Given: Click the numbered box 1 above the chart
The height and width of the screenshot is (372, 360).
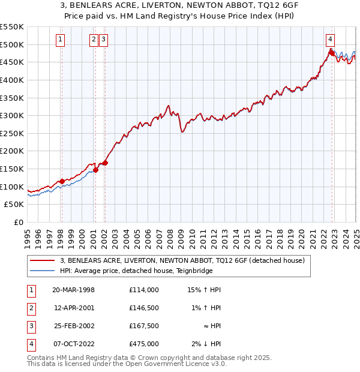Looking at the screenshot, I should pyautogui.click(x=61, y=40).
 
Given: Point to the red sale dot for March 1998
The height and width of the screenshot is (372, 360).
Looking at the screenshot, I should pyautogui.click(x=62, y=181).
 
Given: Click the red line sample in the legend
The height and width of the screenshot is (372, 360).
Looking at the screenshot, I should pyautogui.click(x=43, y=260).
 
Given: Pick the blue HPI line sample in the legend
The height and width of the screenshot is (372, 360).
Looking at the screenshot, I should pyautogui.click(x=43, y=271).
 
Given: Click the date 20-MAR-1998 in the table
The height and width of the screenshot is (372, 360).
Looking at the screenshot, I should pyautogui.click(x=74, y=290).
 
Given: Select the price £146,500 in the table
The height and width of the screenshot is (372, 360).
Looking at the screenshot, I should pyautogui.click(x=144, y=308).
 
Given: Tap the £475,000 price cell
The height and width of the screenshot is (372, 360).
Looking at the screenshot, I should pyautogui.click(x=144, y=344).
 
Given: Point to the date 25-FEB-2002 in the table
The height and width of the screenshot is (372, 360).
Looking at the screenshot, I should pyautogui.click(x=74, y=326).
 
